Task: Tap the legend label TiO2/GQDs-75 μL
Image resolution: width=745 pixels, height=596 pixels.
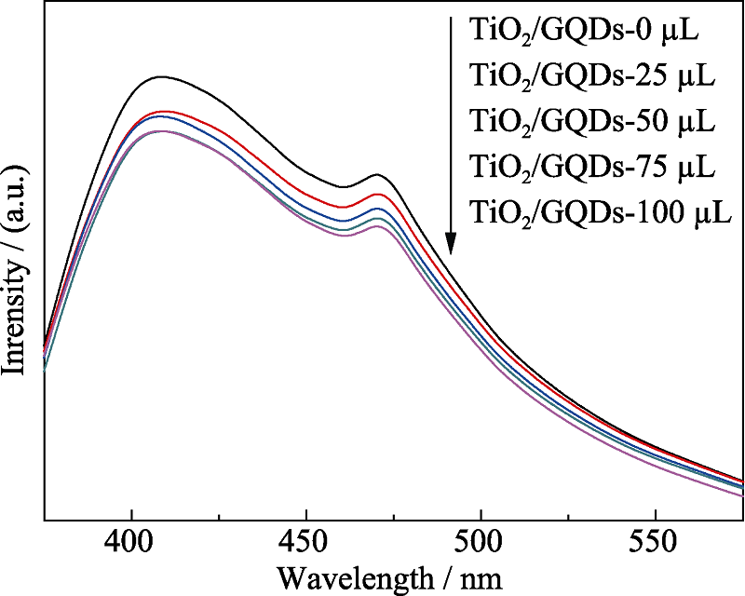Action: point(592,168)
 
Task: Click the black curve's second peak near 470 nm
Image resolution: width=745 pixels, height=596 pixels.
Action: point(377,174)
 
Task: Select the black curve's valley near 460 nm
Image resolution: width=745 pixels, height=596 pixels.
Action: point(343,187)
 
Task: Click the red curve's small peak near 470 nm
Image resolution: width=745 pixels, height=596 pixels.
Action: point(377,194)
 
